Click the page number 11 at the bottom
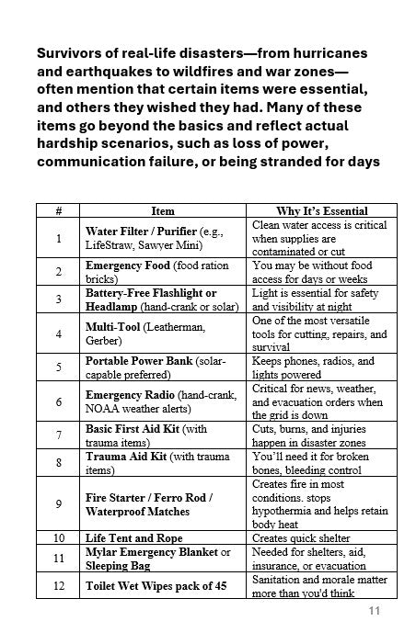point(374,612)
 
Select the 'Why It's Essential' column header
point(322,210)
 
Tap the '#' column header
point(59,210)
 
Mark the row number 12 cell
point(59,585)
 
